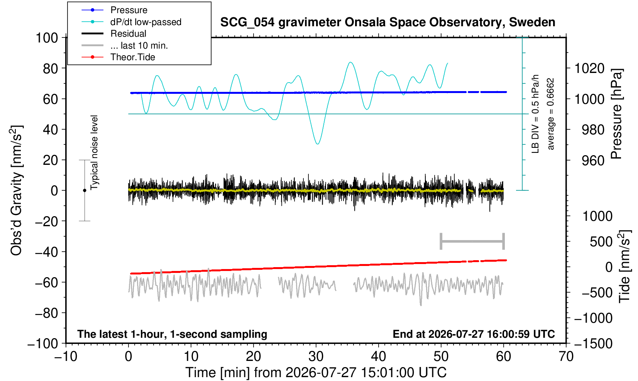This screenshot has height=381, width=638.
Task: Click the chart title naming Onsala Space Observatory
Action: point(388,22)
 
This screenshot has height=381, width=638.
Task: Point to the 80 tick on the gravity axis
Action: point(51,68)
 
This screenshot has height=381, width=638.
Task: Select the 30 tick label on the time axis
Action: point(316,357)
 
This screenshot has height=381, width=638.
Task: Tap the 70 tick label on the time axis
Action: point(566,357)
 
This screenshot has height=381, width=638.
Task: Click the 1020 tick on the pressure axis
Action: point(589,68)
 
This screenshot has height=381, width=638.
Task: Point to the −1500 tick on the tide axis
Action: point(593,344)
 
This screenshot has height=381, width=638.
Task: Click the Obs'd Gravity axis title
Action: point(16,190)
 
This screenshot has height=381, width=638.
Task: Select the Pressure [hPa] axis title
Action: point(616,114)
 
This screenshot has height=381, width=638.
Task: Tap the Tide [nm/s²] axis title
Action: point(624,266)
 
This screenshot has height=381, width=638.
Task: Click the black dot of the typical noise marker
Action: point(85,190)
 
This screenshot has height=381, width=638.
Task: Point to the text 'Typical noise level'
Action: point(94,152)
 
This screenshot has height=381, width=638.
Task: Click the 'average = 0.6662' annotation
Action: point(551,114)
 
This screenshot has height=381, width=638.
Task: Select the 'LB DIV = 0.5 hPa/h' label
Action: point(535,114)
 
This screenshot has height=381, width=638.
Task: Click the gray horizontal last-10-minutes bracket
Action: point(472,241)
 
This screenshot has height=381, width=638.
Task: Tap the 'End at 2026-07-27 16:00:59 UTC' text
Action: point(474,334)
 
